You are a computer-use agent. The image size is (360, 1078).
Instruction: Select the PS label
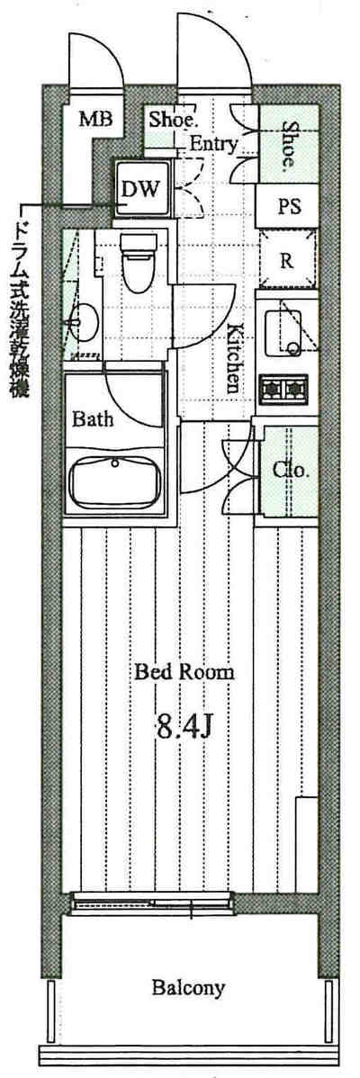[289, 206]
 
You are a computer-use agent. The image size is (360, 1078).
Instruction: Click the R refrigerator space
[289, 259]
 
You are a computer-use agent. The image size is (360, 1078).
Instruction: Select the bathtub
[115, 482]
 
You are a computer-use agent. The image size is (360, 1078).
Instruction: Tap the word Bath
[93, 418]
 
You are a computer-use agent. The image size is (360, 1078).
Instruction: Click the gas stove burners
[283, 388]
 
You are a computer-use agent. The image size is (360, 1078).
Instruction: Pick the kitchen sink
[283, 335]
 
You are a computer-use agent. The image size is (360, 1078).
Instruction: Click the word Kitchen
[234, 357]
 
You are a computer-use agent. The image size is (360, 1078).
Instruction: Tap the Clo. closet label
[292, 472]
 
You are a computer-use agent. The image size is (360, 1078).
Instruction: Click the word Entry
[213, 144]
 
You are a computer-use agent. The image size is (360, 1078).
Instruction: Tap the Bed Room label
[184, 671]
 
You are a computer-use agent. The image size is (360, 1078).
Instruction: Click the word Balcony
[188, 989]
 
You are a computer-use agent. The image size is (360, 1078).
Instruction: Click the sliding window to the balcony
[153, 903]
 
